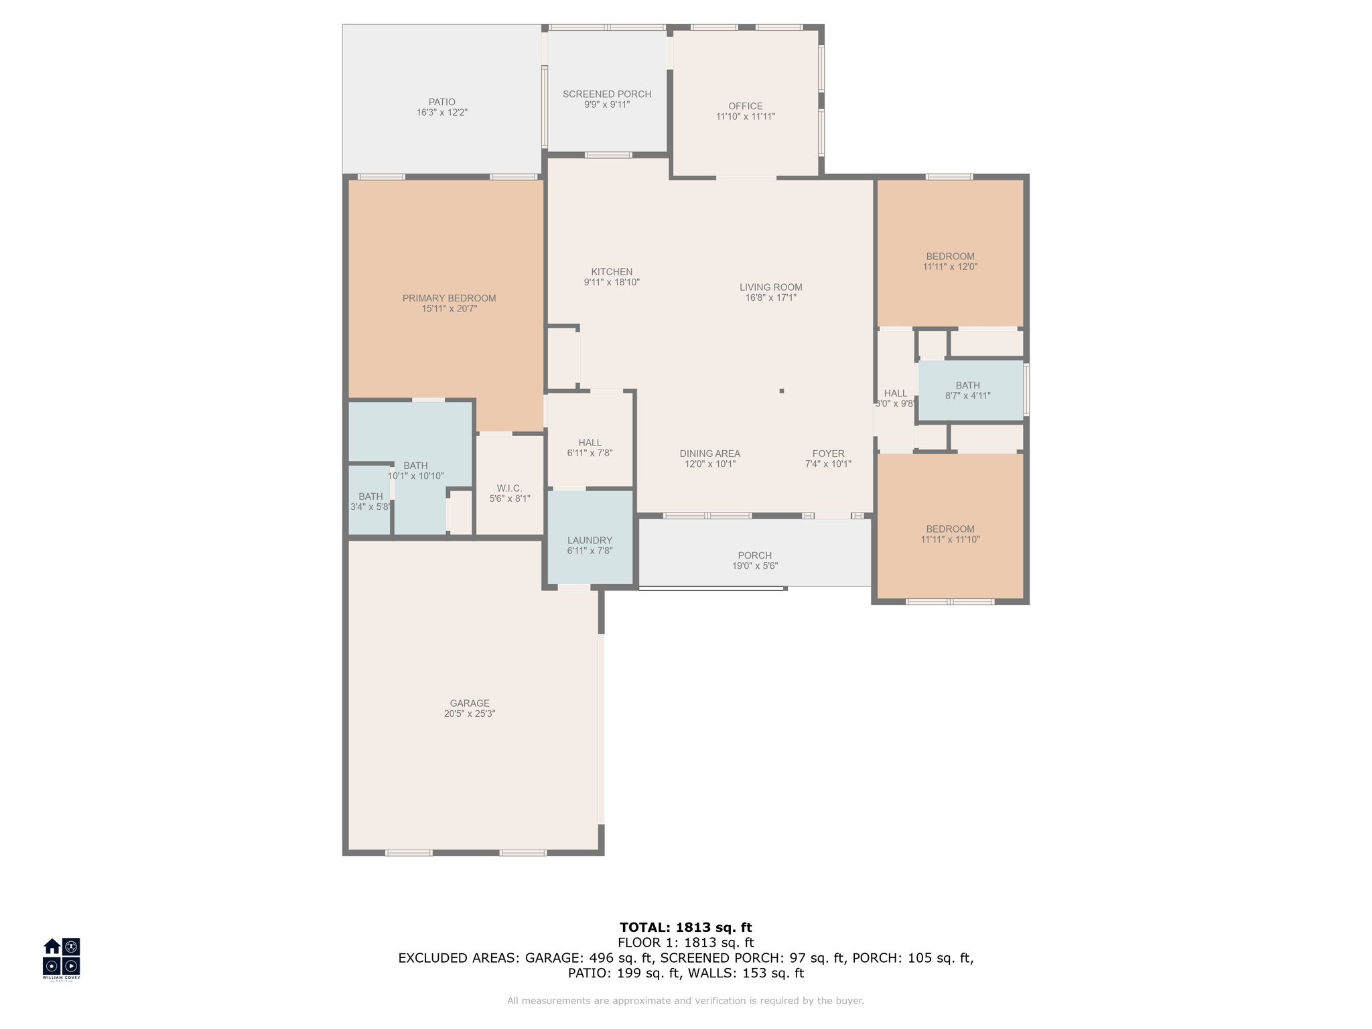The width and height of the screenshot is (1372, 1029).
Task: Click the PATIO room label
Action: point(441,102)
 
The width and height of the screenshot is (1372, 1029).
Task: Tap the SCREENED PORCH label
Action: point(607,94)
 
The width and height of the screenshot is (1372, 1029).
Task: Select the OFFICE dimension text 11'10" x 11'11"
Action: point(746,117)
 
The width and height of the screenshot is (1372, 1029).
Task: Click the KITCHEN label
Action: point(612,272)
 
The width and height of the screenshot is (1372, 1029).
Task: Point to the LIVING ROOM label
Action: point(771,287)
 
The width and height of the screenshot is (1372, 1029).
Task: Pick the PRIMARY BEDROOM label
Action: point(449,299)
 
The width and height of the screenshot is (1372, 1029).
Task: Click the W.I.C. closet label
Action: point(510,488)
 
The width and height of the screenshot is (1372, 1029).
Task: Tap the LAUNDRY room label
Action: point(590,541)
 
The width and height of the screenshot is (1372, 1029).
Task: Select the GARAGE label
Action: point(470,703)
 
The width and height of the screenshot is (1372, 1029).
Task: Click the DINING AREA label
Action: point(710,454)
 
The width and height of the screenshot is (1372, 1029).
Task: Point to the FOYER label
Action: point(829,454)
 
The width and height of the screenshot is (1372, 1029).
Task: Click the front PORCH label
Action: point(755,555)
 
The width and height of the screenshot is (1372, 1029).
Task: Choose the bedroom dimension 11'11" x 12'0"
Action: point(950,267)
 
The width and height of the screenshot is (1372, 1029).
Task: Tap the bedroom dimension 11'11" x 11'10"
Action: point(950,539)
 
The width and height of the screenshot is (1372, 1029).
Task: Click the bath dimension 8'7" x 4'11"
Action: point(967,396)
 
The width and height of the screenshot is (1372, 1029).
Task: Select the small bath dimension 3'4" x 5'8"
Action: point(370,507)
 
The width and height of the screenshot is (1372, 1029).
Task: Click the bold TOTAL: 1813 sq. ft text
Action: point(686,928)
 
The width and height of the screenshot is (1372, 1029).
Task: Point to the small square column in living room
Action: point(782,391)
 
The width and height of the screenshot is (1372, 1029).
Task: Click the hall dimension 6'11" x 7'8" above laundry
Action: point(590,453)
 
